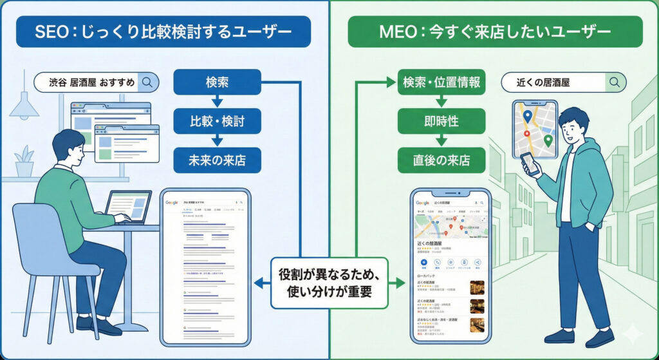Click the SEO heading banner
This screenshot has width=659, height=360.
coord(163,32)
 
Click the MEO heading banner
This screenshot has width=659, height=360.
coord(495,32)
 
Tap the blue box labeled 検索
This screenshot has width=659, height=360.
coord(217,82)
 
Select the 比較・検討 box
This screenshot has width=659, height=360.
coord(217,120)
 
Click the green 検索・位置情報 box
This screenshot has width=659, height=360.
coord(441,82)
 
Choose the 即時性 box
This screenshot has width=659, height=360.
coord(441,120)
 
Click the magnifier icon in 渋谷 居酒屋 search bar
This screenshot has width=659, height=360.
coord(147,82)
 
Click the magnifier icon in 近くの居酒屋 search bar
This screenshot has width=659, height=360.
coord(615,82)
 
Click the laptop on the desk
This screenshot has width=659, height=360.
coord(129,207)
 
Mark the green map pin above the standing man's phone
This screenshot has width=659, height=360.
coord(548,140)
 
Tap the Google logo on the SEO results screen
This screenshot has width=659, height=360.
coord(172,202)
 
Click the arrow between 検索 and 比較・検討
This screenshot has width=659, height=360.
coord(217,101)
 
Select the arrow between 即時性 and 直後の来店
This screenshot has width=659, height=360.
coord(441,140)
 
